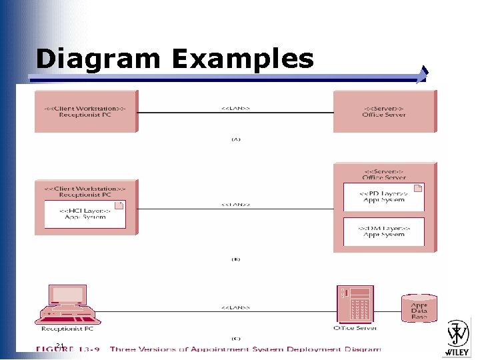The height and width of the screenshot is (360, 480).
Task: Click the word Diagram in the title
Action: point(98,59)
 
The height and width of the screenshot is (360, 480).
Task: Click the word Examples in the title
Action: point(242,59)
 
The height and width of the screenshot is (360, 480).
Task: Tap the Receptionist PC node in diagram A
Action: point(85,111)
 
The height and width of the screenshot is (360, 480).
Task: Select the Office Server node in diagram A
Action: point(385,111)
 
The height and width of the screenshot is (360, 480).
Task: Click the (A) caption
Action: point(235,139)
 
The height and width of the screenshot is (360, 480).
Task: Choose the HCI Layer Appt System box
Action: point(85,213)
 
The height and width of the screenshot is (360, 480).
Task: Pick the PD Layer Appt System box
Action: point(384,196)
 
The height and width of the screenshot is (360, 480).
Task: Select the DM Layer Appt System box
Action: point(384,231)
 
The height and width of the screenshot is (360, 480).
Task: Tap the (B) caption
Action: point(235,259)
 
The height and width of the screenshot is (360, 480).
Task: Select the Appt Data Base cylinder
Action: point(419,308)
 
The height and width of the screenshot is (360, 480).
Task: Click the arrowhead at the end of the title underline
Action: point(423,75)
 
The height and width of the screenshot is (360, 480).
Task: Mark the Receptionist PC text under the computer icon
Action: point(67,329)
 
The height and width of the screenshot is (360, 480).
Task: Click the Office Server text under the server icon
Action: point(356,328)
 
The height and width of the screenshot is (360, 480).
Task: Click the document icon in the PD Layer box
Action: point(417,189)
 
